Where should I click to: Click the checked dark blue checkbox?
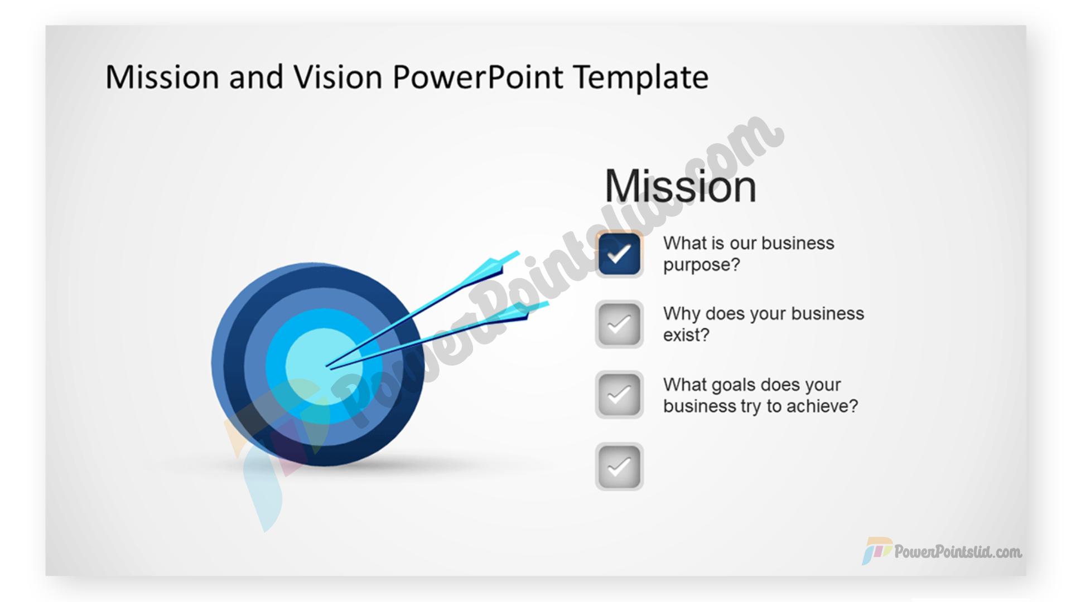[619, 254]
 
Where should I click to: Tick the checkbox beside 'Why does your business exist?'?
[619, 324]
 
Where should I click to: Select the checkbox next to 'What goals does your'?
[619, 395]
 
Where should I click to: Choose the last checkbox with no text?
[619, 467]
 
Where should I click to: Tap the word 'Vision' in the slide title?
[338, 77]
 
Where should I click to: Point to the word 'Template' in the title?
[641, 77]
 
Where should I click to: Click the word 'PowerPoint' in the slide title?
[478, 77]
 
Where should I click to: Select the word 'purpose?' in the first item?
[702, 265]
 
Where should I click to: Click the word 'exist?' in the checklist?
[686, 335]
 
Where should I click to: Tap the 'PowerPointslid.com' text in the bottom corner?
[958, 552]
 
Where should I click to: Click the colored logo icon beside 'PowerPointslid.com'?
[876, 551]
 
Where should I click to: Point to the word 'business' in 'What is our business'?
[798, 243]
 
